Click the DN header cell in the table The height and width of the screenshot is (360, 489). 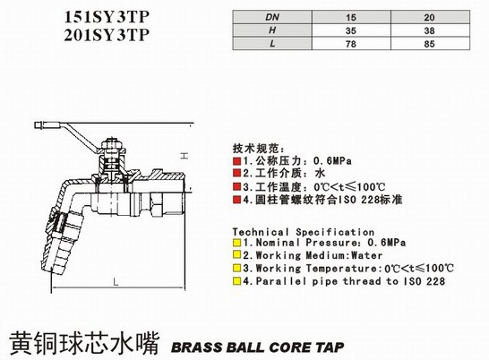[272, 17]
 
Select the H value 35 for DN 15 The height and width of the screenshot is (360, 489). [351, 30]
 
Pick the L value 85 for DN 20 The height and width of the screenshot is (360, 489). [429, 44]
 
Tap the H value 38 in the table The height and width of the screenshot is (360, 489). [429, 30]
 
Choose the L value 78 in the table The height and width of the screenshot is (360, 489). [351, 44]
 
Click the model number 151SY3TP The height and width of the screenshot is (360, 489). [107, 17]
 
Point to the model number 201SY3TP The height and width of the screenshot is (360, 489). [107, 35]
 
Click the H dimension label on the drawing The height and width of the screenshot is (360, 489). [184, 155]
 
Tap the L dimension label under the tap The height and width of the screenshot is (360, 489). [116, 282]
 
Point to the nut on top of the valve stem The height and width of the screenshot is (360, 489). [111, 145]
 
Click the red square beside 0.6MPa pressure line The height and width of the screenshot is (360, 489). [236, 161]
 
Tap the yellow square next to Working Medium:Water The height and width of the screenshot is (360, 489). [236, 255]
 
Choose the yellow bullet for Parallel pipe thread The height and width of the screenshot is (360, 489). [236, 281]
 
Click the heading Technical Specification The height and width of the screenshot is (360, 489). [303, 232]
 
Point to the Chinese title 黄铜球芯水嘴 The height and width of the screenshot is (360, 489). [85, 343]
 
